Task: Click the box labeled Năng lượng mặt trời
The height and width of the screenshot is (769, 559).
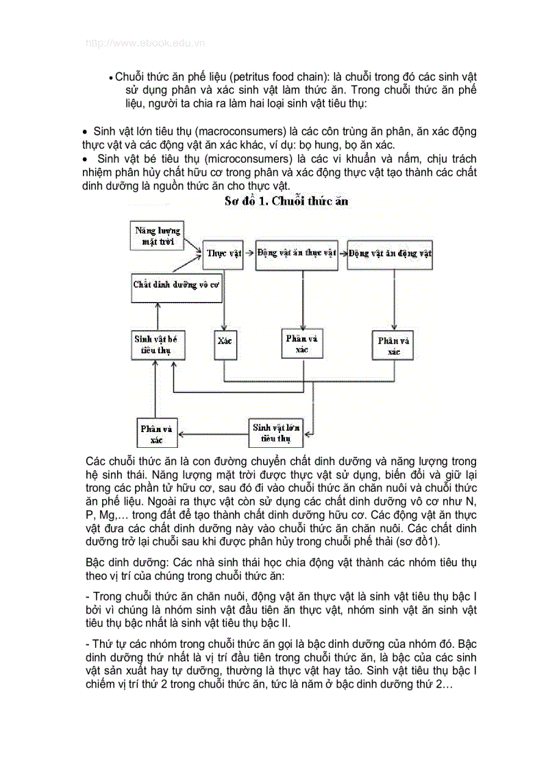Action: point(158,235)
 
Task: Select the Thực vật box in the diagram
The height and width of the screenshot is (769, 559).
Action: point(224,253)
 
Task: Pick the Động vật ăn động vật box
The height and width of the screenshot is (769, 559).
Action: point(390,253)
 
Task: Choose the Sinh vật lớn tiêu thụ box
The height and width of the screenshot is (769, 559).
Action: point(276,431)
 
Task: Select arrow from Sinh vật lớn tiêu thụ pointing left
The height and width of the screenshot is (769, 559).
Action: point(212,432)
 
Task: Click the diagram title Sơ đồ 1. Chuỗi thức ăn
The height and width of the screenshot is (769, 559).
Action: point(286,201)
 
